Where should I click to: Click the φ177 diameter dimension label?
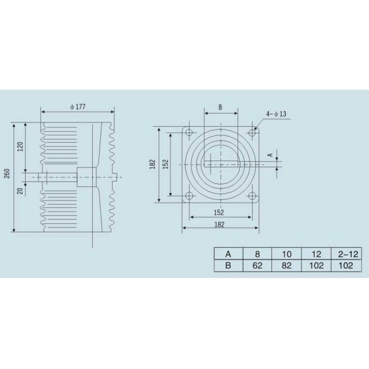tap(78, 107)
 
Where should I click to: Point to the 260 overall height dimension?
tap(7, 173)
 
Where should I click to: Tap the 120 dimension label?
tap(20, 146)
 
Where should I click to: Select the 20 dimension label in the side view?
tap(21, 191)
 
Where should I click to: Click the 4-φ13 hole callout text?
tap(276, 114)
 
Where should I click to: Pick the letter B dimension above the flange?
tap(220, 107)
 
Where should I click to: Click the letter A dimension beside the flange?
tap(271, 155)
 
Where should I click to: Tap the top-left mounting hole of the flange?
tap(189, 132)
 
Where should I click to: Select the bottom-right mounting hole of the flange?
tap(252, 196)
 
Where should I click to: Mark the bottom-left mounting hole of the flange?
tap(189, 196)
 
